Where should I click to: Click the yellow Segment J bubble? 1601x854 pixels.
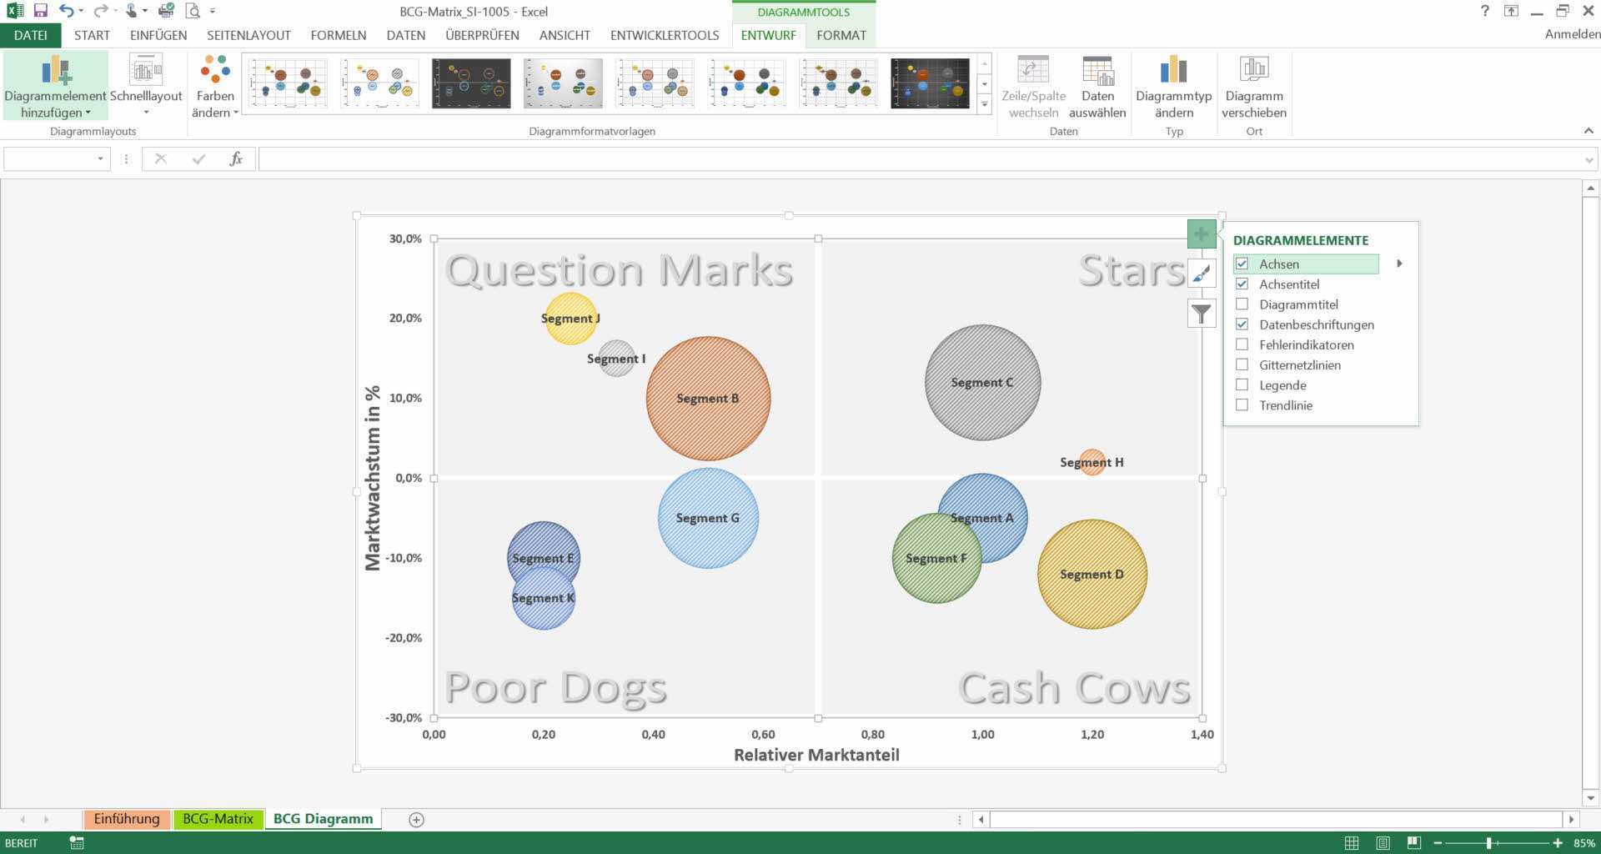pyautogui.click(x=570, y=318)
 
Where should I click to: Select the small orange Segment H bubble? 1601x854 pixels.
pyautogui.click(x=1092, y=462)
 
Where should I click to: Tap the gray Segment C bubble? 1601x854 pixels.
pyautogui.click(x=982, y=382)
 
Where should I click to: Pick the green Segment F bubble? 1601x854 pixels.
pyautogui.click(x=936, y=558)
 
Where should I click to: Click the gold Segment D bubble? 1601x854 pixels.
pyautogui.click(x=1092, y=574)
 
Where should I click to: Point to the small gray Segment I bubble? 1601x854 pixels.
pyautogui.click(x=617, y=359)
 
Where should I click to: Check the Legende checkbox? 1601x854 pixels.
pyautogui.click(x=1242, y=385)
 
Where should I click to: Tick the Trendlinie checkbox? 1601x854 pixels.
pyautogui.click(x=1242, y=405)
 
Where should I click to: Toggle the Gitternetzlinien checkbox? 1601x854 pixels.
pyautogui.click(x=1242, y=364)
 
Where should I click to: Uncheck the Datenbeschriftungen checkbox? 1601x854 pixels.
pyautogui.click(x=1242, y=324)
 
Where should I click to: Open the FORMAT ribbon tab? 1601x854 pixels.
pyautogui.click(x=841, y=35)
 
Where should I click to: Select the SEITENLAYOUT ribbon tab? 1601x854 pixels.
pyautogui.click(x=248, y=35)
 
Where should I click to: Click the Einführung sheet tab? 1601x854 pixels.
pyautogui.click(x=127, y=819)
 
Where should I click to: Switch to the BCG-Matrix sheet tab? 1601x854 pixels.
pyautogui.click(x=218, y=819)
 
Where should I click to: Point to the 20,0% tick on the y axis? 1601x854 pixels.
pyautogui.click(x=405, y=318)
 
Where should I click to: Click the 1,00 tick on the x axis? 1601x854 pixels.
pyautogui.click(x=982, y=735)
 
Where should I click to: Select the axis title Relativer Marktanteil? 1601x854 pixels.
pyautogui.click(x=816, y=755)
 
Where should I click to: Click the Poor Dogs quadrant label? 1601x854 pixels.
pyautogui.click(x=556, y=688)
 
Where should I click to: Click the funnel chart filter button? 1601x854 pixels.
pyautogui.click(x=1202, y=314)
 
